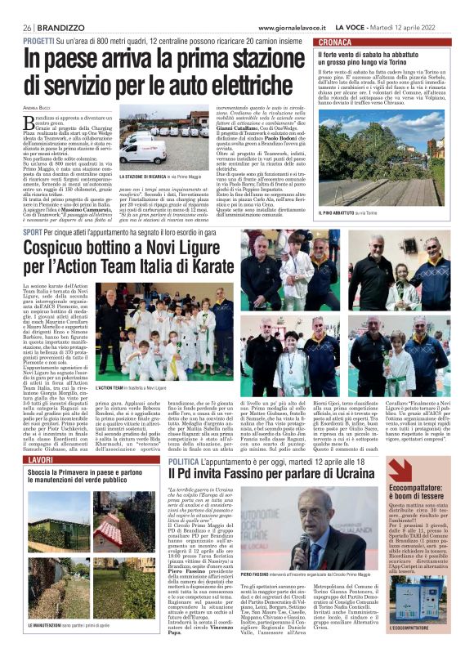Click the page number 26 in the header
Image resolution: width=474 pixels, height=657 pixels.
(27, 27)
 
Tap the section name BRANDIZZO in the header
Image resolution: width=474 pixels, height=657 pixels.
(58, 27)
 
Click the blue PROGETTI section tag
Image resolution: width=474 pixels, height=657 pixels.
(38, 39)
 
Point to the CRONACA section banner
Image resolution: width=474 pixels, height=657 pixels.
(336, 41)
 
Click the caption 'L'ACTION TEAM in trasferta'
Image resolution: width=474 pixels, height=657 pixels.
(131, 387)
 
